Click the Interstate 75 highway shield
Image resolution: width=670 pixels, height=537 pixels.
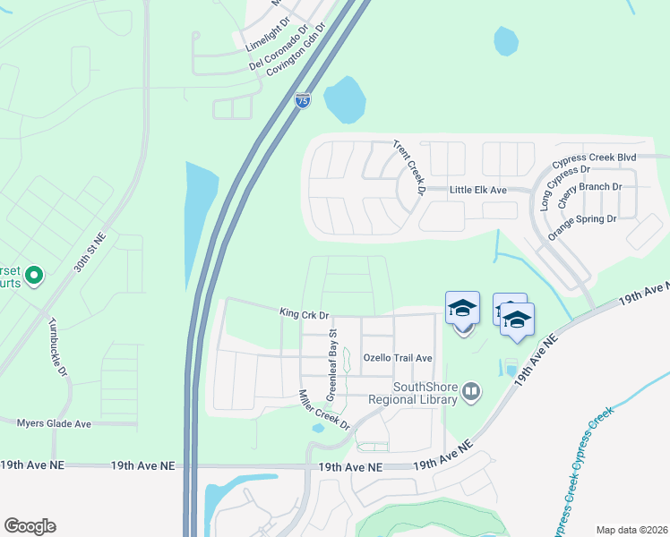[303, 100]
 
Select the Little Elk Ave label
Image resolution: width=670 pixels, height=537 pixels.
[478, 190]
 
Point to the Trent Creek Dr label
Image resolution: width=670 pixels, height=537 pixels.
[408, 167]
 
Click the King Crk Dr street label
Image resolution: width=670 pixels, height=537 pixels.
[305, 315]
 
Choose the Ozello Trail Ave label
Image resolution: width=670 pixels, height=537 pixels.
[398, 358]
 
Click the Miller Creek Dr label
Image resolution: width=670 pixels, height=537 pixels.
[323, 407]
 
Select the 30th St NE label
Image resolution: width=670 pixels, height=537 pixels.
[90, 254]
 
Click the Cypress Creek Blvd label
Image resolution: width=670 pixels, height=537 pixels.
[594, 158]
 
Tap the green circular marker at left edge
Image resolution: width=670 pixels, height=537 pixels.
[34, 275]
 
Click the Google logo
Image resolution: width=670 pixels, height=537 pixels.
[30, 525]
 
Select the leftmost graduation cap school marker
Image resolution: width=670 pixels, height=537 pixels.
[462, 309]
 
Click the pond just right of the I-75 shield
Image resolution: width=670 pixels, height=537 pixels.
[344, 100]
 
